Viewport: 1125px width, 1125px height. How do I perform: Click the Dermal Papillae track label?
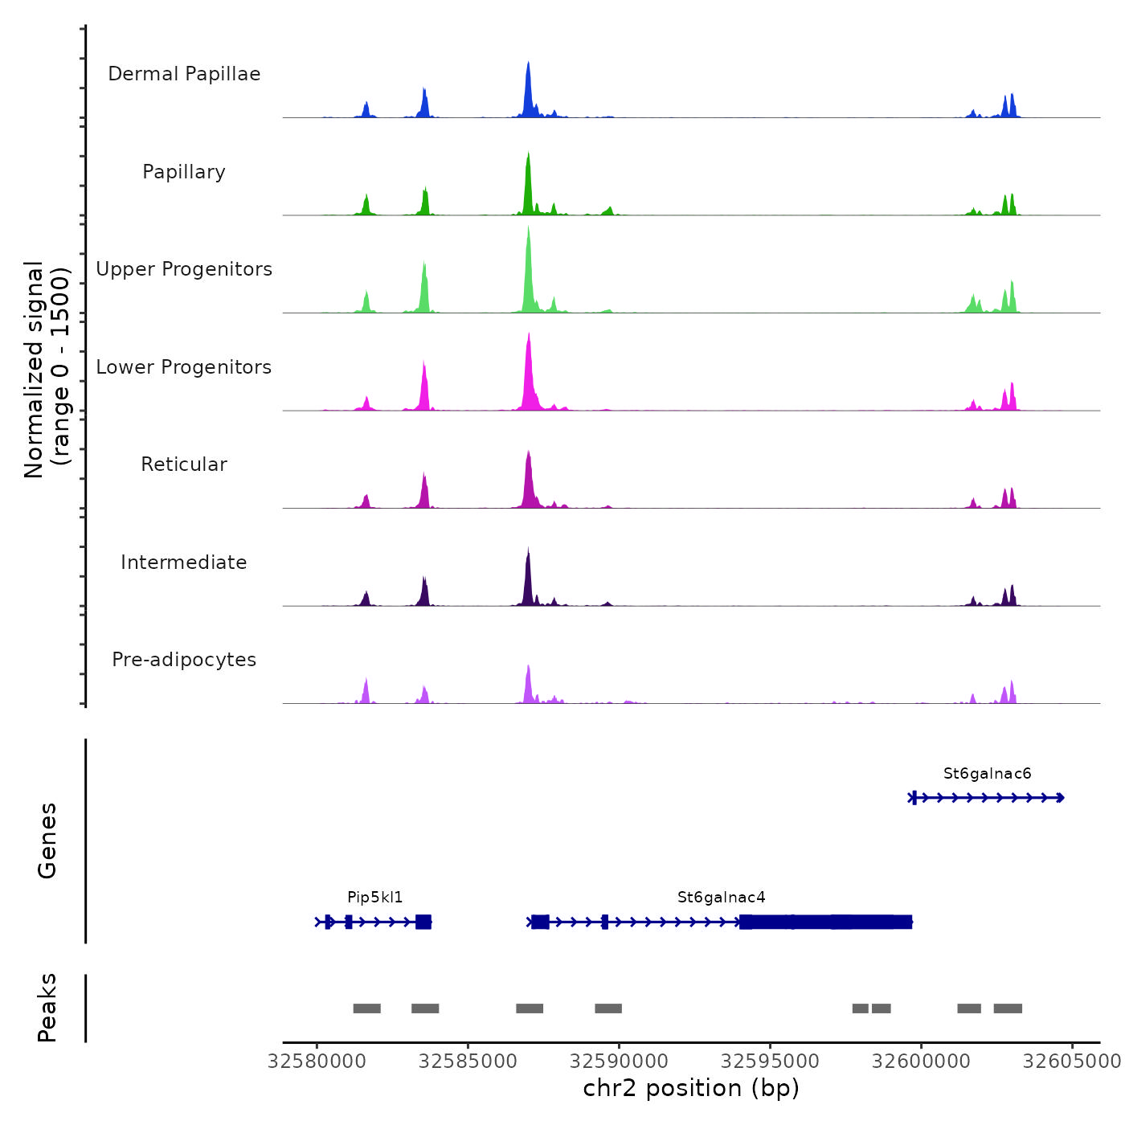coord(184,74)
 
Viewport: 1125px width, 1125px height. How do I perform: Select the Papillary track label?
coord(184,172)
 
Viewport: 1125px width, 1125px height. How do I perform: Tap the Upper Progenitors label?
coord(184,269)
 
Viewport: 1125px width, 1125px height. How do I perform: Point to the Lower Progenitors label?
coord(184,367)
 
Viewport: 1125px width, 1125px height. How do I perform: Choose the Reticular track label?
coord(184,464)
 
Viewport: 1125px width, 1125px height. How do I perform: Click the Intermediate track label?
coord(184,562)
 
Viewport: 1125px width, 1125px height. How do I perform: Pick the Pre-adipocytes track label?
coord(184,660)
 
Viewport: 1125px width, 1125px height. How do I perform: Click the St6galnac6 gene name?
coord(987,774)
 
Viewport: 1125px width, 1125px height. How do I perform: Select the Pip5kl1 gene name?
coord(374,898)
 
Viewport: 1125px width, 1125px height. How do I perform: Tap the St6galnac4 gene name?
coord(721,898)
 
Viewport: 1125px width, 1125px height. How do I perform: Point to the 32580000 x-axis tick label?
coord(317,1062)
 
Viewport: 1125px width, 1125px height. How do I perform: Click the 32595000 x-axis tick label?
coord(770,1062)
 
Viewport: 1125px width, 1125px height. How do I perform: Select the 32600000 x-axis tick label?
coord(921,1062)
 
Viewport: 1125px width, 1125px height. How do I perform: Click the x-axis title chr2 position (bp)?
coord(691,1088)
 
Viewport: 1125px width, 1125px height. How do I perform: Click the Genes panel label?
coord(47,841)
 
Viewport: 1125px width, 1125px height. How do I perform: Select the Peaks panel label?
coord(47,1008)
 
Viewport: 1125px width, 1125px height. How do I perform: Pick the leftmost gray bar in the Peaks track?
coord(366,1008)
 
